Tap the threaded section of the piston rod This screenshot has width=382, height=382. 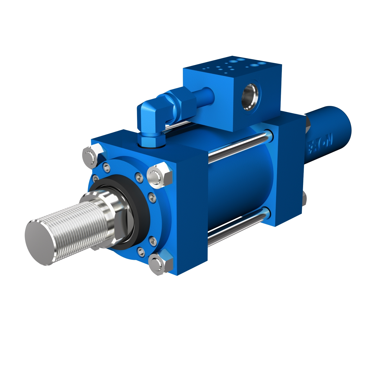[x=76, y=224]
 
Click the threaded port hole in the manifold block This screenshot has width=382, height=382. [x=251, y=97]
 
